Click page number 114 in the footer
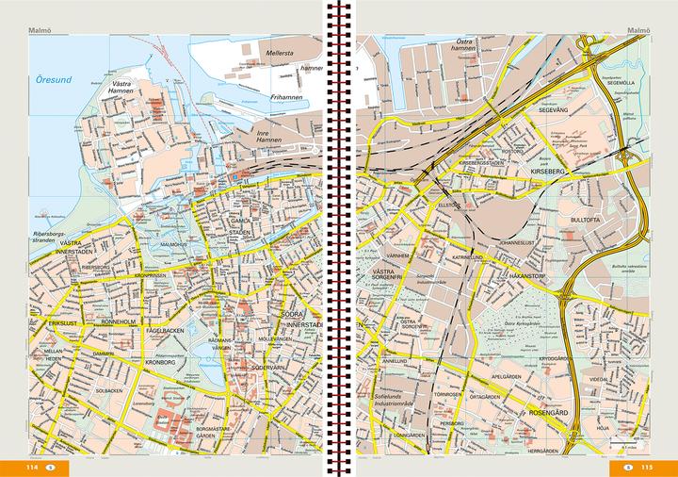point(32,467)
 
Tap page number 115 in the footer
point(647,467)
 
